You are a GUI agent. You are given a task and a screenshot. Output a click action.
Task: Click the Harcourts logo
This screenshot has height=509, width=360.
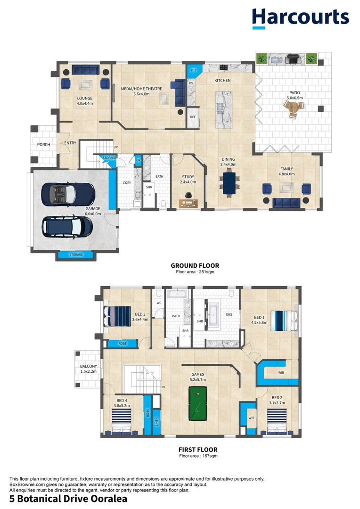click(300, 18)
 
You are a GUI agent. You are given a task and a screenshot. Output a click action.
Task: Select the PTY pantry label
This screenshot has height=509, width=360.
click(194, 70)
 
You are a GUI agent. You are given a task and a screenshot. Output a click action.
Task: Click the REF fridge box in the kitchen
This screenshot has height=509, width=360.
click(193, 117)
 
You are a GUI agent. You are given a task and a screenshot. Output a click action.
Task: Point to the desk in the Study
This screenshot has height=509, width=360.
click(188, 204)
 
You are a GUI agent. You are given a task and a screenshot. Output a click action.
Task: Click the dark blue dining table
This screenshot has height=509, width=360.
click(229, 183)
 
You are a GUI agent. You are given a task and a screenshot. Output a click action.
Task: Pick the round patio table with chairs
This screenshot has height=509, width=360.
click(294, 108)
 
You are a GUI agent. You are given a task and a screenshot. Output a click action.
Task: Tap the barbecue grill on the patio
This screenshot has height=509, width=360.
click(293, 59)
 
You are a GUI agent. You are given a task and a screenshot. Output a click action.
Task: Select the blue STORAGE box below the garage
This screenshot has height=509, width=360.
click(76, 255)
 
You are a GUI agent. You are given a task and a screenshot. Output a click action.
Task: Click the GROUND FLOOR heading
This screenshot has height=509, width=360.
click(195, 265)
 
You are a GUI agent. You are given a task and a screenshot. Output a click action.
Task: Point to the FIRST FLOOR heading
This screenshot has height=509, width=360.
click(198, 450)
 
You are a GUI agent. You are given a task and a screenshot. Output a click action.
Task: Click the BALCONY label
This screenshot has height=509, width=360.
click(88, 366)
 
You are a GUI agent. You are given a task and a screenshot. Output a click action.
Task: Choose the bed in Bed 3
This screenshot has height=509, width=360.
click(117, 317)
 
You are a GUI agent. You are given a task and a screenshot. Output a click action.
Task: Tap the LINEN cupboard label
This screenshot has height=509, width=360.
click(156, 422)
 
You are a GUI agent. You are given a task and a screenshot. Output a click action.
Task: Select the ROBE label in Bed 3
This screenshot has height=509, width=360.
click(123, 344)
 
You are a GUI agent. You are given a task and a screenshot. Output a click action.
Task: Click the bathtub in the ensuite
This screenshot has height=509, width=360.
click(213, 315)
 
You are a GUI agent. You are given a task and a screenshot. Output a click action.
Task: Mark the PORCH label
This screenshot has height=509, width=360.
click(43, 145)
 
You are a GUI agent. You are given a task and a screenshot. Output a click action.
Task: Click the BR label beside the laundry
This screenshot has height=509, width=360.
click(138, 160)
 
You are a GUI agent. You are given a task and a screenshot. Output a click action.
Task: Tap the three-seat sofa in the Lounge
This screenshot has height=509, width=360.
click(86, 70)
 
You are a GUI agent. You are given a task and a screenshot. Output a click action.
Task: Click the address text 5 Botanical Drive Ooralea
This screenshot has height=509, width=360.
click(68, 499)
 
